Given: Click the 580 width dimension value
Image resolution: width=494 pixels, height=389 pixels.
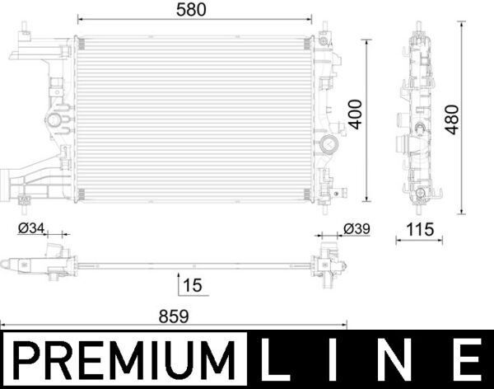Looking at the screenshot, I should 193,9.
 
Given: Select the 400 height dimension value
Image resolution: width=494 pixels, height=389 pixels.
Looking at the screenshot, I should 354,114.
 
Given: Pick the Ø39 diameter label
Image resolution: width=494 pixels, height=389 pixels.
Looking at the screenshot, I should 357,227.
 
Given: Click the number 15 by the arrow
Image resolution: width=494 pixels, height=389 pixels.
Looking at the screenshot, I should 193,285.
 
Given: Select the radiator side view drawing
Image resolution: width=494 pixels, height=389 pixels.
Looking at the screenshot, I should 421,120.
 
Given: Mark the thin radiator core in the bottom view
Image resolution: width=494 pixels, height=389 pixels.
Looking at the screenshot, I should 193,265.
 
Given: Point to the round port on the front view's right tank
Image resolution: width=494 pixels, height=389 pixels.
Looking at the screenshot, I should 332,148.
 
